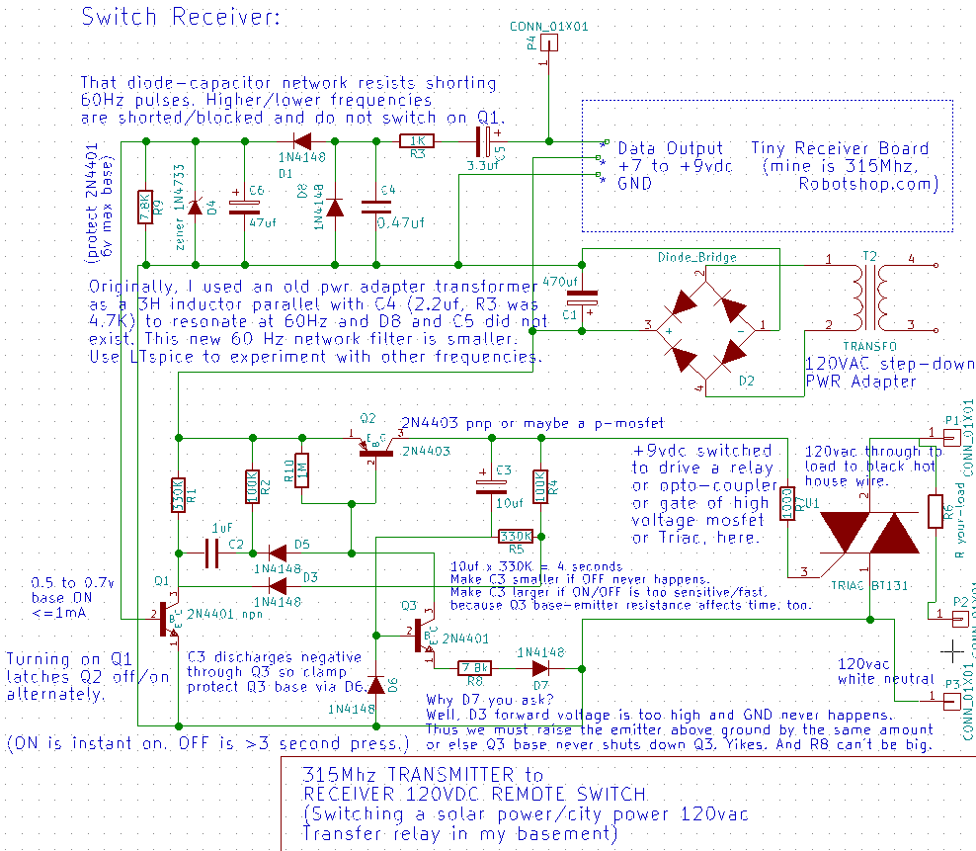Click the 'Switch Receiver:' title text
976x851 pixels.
[180, 17]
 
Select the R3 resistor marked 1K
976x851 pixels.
[417, 141]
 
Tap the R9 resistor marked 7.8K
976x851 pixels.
[145, 207]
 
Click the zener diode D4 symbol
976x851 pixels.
[195, 208]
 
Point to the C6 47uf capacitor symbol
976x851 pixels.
[243, 208]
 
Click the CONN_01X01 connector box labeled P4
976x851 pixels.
[548, 43]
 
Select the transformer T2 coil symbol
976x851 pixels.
[868, 294]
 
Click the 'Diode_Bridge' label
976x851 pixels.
[696, 257]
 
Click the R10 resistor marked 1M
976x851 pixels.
[300, 469]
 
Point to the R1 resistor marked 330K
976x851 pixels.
[178, 494]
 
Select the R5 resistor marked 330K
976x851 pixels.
[516, 536]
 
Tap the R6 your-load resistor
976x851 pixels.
[935, 511]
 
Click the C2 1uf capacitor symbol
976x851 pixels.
[212, 553]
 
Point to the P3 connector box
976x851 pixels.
[950, 701]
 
